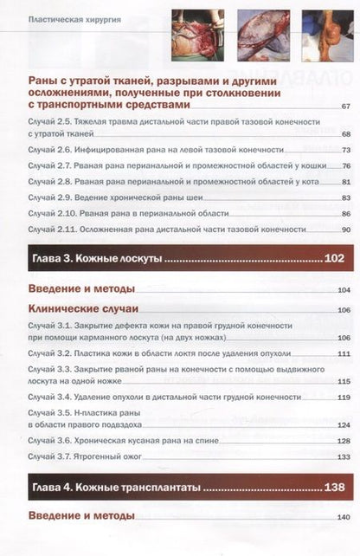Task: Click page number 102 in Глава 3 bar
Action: click(x=333, y=259)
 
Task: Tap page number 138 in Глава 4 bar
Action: click(x=333, y=488)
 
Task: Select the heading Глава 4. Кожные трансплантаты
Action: click(x=116, y=488)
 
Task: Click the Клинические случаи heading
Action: click(x=83, y=308)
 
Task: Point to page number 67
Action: click(x=344, y=106)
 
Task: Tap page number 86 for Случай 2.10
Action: click(x=344, y=213)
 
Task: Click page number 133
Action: click(x=343, y=456)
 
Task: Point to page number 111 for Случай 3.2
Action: click(x=343, y=354)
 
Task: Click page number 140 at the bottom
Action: click(x=343, y=517)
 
